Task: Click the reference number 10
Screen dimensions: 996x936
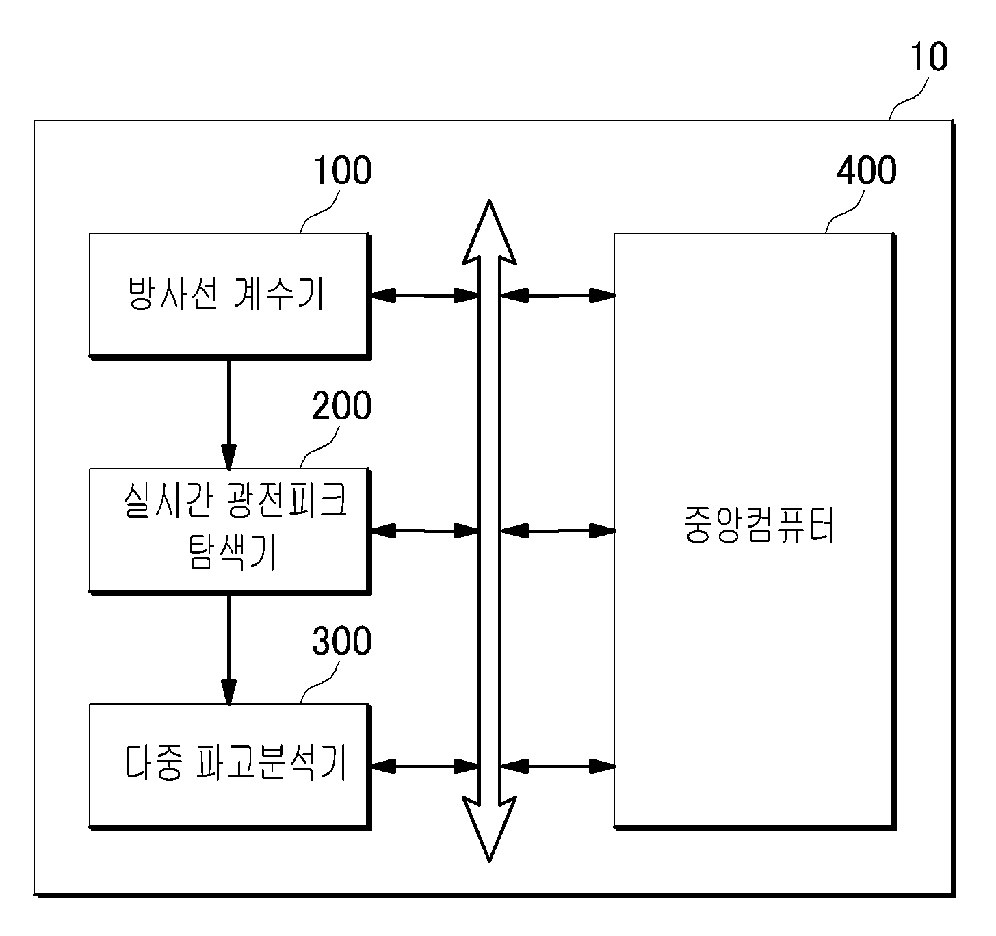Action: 929,57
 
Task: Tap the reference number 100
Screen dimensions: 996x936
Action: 343,170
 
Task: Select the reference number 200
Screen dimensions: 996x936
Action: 342,406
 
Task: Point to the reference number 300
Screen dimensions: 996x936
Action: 342,641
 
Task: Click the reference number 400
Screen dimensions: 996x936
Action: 867,170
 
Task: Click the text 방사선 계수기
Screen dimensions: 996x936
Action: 226,294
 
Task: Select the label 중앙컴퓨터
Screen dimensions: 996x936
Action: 759,525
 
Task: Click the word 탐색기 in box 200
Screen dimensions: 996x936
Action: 232,552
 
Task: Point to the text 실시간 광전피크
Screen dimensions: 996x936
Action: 235,500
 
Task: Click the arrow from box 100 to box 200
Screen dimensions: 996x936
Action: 228,415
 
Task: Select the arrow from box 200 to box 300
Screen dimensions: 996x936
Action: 228,650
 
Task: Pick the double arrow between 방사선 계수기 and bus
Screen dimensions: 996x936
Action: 424,296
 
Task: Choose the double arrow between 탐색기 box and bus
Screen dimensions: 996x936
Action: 424,531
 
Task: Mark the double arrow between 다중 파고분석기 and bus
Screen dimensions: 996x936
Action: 424,766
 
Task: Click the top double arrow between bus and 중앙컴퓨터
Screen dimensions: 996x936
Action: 558,296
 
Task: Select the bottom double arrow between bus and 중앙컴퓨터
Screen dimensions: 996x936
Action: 558,766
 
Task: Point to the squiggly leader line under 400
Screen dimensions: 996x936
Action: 845,213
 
